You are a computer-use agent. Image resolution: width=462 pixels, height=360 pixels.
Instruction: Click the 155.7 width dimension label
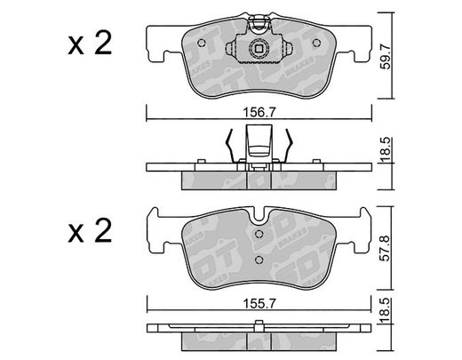click(x=259, y=303)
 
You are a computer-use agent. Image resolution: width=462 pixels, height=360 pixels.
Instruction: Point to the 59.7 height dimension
click(x=385, y=56)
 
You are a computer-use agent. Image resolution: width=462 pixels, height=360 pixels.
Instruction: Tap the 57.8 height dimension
click(x=385, y=248)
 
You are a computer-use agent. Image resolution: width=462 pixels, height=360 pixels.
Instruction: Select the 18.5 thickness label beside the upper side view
click(x=385, y=149)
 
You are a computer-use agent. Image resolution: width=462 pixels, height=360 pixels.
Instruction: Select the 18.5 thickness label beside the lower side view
click(x=385, y=311)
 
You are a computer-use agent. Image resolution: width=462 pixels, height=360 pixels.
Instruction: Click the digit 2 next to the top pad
click(x=103, y=44)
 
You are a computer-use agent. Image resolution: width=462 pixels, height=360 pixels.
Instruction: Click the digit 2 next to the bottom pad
click(x=103, y=231)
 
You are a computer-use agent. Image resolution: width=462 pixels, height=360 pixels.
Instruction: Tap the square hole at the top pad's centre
click(x=259, y=48)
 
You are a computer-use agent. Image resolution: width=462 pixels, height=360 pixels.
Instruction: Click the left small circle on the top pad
click(x=202, y=43)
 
